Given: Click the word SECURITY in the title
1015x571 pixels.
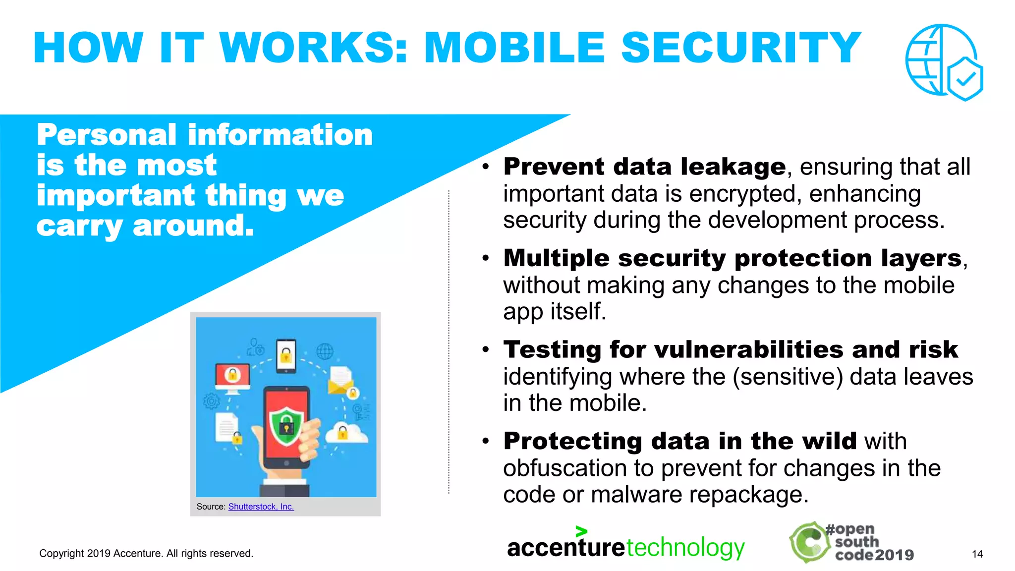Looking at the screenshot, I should click(x=740, y=48).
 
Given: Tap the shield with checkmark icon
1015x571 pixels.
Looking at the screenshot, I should click(x=964, y=78).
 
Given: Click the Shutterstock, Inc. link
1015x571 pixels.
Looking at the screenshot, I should click(x=261, y=507).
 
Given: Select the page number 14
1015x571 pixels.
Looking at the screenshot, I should click(x=977, y=554).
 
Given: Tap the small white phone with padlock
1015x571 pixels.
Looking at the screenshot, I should click(x=285, y=355).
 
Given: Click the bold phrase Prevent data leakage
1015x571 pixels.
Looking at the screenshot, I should click(x=644, y=167).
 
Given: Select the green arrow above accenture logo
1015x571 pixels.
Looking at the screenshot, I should click(x=581, y=531).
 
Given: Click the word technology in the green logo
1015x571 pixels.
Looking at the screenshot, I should click(x=685, y=548).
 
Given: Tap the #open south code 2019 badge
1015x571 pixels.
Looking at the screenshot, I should click(x=851, y=542).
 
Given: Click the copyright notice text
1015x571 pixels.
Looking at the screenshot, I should click(x=146, y=554).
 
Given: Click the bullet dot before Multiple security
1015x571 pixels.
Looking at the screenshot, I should click(x=486, y=258).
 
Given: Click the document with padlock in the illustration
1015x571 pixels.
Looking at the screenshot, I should click(x=227, y=429).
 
